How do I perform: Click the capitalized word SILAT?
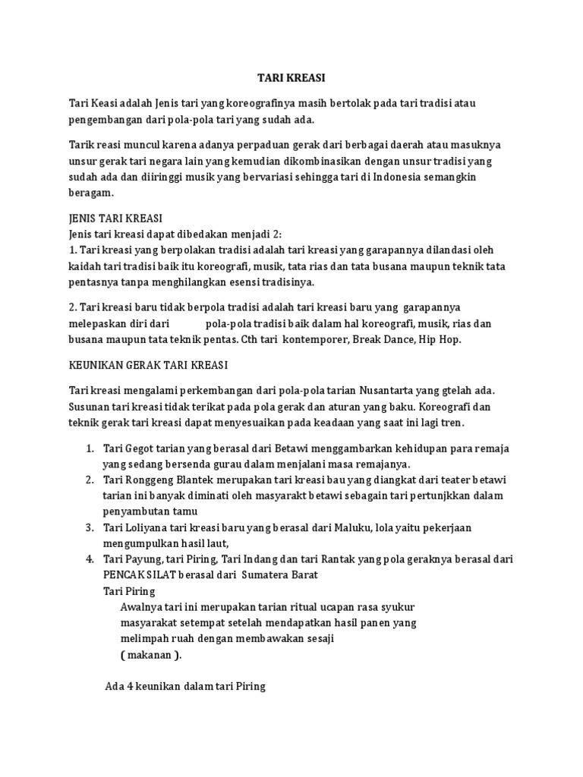tap(167, 574)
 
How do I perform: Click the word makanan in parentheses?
tap(150, 655)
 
